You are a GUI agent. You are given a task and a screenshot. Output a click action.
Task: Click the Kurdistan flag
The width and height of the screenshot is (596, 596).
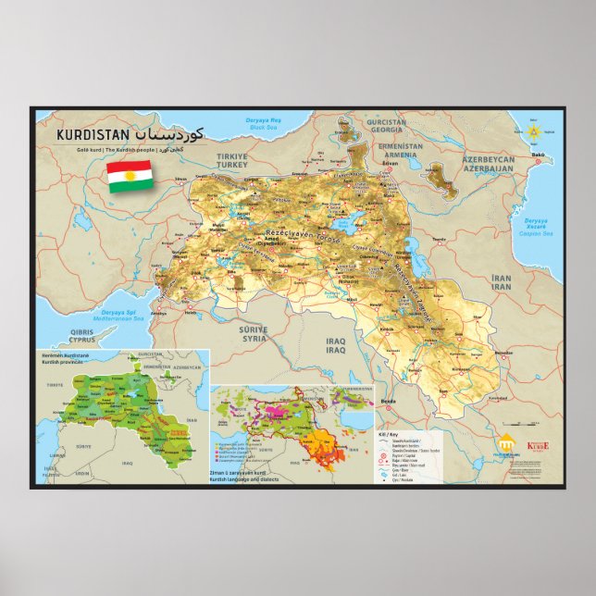130,175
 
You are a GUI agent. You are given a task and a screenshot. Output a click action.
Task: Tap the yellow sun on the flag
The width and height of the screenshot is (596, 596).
130,175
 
